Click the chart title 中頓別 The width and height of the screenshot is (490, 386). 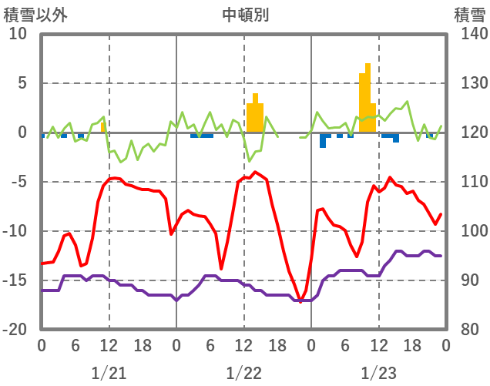pyautogui.click(x=246, y=15)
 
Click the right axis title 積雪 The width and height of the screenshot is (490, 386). pyautogui.click(x=469, y=15)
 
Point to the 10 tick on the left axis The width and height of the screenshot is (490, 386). pyautogui.click(x=18, y=34)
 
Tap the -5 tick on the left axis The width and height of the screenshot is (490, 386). pyautogui.click(x=18, y=182)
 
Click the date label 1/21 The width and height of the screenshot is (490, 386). pyautogui.click(x=109, y=373)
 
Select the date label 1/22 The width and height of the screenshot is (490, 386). pyautogui.click(x=244, y=373)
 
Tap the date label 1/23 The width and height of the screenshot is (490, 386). pyautogui.click(x=378, y=373)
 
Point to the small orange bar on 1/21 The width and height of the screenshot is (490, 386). pyautogui.click(x=103, y=128)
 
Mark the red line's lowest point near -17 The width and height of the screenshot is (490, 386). pyautogui.click(x=300, y=301)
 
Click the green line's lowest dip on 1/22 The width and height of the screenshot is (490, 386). pyautogui.click(x=250, y=160)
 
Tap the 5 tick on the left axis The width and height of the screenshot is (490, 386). pyautogui.click(x=22, y=83)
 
